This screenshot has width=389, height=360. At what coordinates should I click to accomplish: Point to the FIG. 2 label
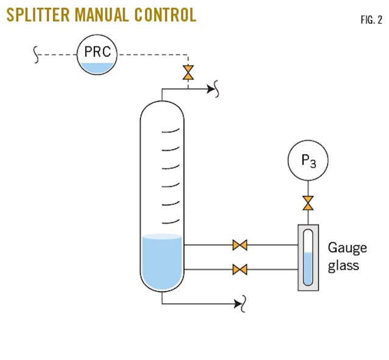point(371,20)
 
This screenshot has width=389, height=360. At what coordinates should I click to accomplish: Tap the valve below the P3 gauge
point(308,201)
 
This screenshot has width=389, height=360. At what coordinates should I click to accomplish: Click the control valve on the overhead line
point(188,73)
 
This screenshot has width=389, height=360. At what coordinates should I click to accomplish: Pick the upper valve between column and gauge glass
point(240,246)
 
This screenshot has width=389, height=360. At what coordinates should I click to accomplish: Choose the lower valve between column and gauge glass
point(240,268)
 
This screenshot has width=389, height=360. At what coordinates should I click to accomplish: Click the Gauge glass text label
point(348,256)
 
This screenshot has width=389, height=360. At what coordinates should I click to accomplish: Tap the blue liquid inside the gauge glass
point(308,268)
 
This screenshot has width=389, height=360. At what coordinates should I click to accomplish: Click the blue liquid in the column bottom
point(162,262)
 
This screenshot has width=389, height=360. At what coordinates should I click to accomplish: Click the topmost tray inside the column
point(171,130)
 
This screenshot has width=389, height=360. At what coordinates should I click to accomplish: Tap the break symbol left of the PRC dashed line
point(37,56)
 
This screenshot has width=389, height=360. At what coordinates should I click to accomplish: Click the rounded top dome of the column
point(162,110)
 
